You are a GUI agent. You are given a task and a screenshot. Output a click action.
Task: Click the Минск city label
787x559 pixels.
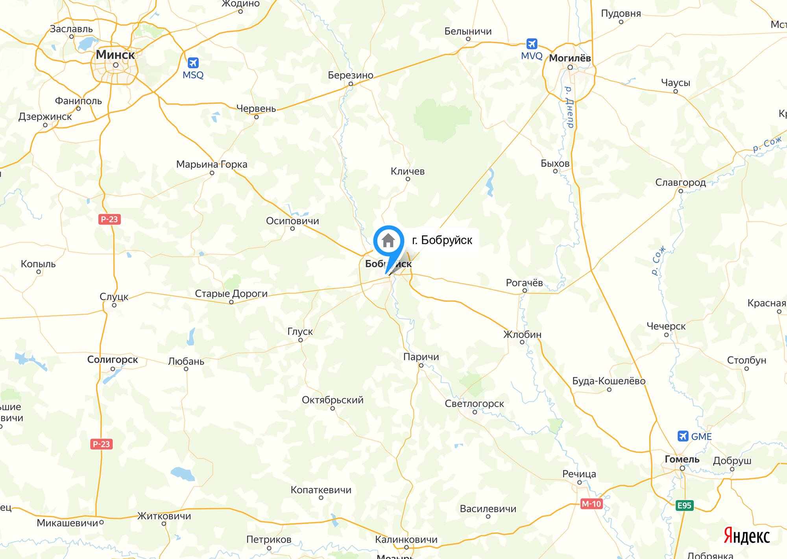[x=115, y=55]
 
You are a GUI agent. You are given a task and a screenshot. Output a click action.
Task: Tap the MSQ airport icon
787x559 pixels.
[x=193, y=63]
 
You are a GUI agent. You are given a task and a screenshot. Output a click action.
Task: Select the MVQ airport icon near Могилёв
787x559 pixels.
[x=532, y=44]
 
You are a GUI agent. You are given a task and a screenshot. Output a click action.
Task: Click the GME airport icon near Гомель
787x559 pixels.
[x=683, y=436]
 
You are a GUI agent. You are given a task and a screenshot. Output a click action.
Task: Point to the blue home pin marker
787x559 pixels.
[x=388, y=241]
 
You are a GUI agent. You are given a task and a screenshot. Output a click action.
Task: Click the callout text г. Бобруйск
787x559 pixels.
[x=442, y=240]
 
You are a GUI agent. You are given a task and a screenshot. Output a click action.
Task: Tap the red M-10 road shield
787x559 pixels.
[x=591, y=504]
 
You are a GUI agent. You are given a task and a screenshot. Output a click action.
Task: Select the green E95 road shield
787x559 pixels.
[x=684, y=505]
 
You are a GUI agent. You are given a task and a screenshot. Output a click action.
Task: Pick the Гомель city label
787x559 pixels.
[x=682, y=459]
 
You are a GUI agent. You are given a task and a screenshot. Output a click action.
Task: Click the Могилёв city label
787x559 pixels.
[x=570, y=58]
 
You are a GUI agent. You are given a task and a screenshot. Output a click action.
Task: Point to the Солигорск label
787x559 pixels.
[x=113, y=360]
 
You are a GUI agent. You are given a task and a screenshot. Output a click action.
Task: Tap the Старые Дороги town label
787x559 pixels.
[x=231, y=294]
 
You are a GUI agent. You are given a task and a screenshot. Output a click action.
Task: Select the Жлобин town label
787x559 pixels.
[x=522, y=335]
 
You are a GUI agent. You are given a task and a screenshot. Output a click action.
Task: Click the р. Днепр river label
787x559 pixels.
[x=569, y=107]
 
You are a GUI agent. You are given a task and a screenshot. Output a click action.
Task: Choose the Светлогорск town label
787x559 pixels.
[x=474, y=404]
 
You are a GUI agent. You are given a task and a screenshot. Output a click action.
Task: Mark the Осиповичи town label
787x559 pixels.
[x=292, y=221]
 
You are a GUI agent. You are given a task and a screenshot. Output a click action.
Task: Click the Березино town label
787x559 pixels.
[x=350, y=75]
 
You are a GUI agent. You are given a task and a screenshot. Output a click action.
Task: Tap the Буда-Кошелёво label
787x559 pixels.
[x=609, y=381]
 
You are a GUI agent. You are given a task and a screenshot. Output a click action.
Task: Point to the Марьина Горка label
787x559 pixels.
[x=212, y=164]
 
